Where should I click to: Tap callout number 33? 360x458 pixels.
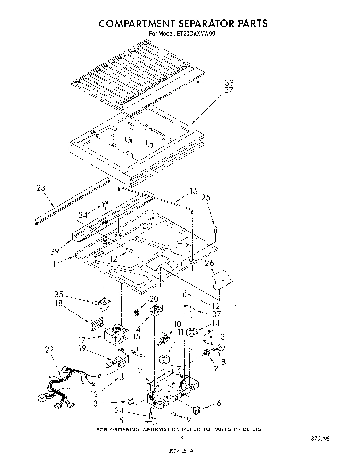(x=229, y=82)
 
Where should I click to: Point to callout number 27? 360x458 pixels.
(x=229, y=90)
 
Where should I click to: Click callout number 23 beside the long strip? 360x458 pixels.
(x=41, y=188)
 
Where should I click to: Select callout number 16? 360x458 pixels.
(x=194, y=192)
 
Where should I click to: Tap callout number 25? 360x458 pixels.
(x=206, y=198)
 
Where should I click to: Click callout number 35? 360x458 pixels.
(x=58, y=294)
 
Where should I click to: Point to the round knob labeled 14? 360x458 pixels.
(x=192, y=332)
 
